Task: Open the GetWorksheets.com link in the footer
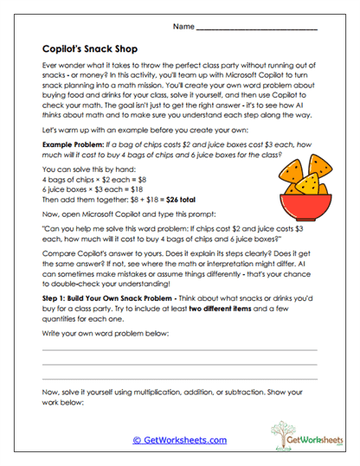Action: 179,439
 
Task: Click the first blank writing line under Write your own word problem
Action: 179,348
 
